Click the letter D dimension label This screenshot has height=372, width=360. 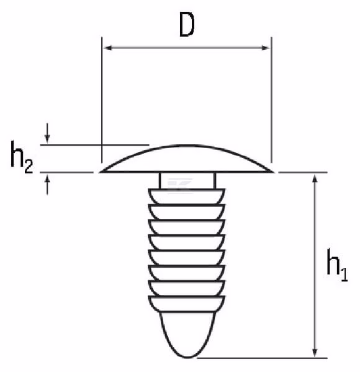187,25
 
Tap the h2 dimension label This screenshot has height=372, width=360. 22,157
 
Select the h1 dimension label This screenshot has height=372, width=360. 337,265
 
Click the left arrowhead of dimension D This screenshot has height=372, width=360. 108,48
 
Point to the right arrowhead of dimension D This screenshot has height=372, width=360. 265,48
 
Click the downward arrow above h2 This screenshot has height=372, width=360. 47,133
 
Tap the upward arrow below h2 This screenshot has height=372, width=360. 47,185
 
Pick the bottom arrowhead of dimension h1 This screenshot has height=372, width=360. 315,352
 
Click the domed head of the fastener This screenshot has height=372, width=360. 187,159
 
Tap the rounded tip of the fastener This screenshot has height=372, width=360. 187,335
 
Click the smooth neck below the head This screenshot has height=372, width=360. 187,181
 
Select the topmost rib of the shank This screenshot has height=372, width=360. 187,197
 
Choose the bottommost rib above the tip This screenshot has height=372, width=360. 187,304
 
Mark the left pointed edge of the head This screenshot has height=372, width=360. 101,172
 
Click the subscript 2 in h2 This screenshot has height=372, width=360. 29,166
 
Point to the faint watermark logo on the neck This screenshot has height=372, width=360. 179,185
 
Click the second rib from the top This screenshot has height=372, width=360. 187,212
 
